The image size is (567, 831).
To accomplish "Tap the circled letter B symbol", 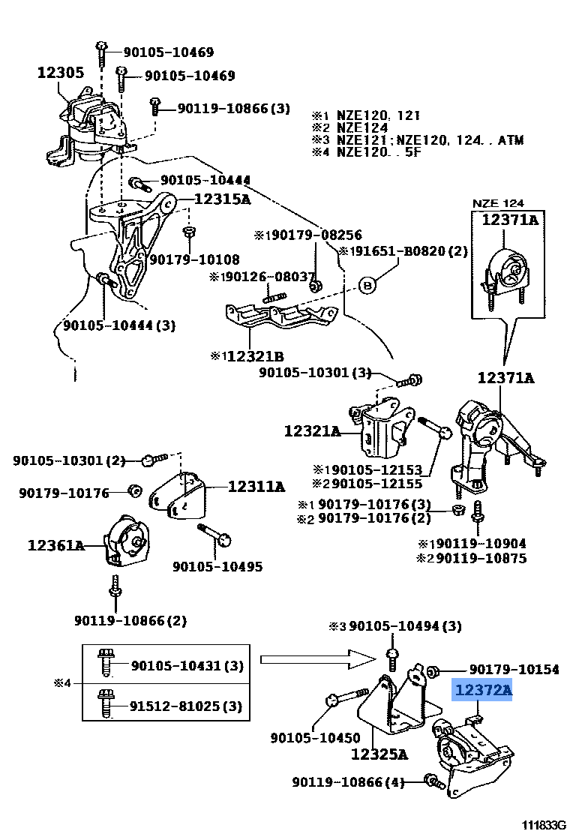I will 367,284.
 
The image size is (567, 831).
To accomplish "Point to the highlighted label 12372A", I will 481,690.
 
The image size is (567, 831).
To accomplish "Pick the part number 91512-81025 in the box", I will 186,706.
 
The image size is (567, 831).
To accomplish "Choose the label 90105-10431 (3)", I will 186,665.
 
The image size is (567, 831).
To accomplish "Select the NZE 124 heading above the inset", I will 497,203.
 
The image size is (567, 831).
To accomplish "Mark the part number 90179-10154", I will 514,669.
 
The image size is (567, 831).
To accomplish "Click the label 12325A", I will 379,754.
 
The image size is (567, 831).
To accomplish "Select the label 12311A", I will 256,487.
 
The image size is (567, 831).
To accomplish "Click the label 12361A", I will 56,545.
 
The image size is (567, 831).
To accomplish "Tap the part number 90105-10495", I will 217,566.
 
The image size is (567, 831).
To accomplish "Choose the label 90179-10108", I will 193,259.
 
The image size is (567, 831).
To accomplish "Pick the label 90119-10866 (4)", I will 348,782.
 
